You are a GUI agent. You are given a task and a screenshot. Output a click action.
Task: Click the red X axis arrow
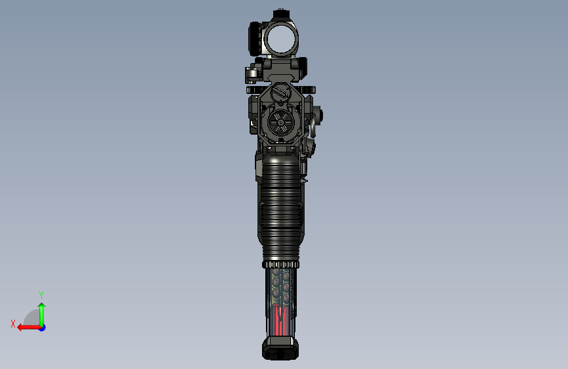pos(29,328)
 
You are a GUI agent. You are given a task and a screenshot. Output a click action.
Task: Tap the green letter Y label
pos(41,295)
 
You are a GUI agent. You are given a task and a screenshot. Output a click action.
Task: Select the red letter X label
pos(13,324)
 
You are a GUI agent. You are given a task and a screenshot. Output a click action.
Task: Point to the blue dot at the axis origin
pos(43,328)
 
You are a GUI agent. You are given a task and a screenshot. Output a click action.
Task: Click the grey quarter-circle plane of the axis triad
pos(32,318)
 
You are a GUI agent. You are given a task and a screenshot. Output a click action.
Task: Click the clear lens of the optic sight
pos(281,39)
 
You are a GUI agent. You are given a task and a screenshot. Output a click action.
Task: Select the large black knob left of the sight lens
pos(256,39)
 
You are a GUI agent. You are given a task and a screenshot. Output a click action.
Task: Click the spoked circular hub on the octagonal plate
pos(281,122)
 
